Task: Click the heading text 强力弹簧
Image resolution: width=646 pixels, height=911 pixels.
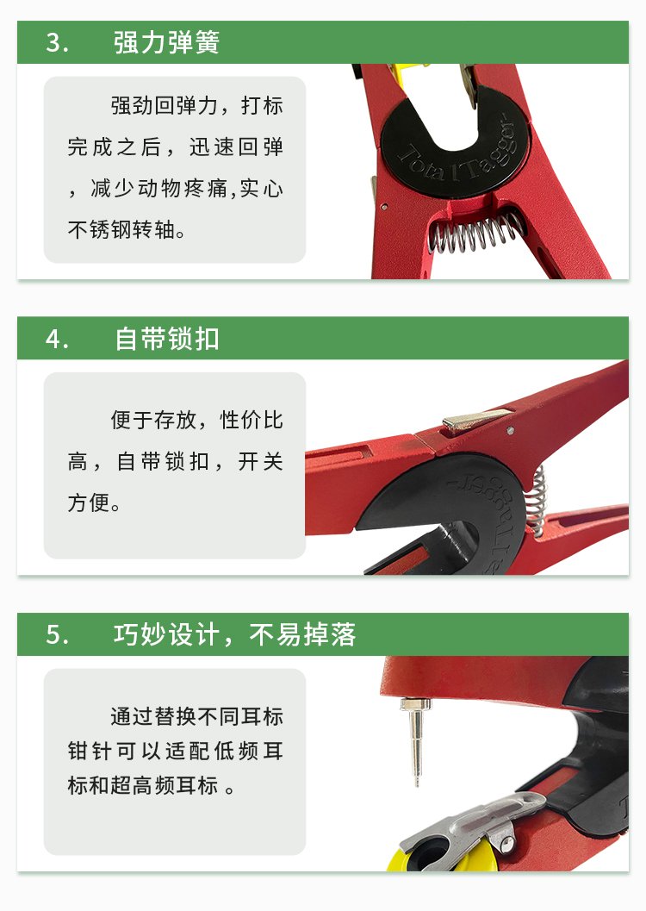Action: click(x=166, y=42)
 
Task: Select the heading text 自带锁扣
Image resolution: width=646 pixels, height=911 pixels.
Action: click(x=166, y=339)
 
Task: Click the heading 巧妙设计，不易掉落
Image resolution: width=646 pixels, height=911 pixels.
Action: click(x=234, y=634)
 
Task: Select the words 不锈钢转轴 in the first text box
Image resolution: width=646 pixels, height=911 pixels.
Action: click(x=121, y=230)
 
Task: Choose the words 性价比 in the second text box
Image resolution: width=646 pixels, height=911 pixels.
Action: click(x=252, y=420)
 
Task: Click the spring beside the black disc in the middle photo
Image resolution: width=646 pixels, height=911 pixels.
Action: click(x=537, y=500)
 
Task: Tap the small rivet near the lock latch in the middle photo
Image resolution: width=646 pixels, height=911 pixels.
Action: click(x=510, y=431)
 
